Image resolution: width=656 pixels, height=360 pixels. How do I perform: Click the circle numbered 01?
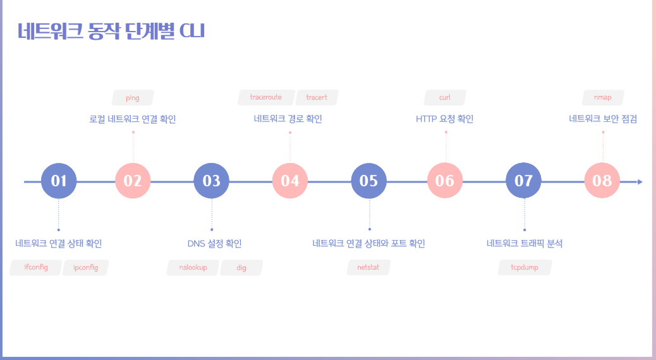[59, 181]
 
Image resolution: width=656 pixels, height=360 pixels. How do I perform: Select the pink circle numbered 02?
[133, 181]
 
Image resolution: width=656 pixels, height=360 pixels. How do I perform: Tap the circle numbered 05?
[368, 181]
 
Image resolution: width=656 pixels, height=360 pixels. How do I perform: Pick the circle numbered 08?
[602, 181]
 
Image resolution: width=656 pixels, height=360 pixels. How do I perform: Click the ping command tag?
[133, 98]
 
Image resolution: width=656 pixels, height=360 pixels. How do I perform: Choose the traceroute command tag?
[265, 97]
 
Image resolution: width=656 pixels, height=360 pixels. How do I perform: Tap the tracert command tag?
[317, 97]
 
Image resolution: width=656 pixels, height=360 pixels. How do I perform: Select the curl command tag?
[445, 97]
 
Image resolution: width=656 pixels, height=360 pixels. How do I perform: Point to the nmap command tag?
[602, 97]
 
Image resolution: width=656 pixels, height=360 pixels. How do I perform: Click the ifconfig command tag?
[35, 267]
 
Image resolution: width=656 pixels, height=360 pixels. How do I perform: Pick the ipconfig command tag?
[85, 268]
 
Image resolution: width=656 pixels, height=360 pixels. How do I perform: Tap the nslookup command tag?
[193, 268]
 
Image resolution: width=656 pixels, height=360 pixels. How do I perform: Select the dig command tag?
[241, 268]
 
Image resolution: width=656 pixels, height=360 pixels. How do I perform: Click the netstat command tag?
[368, 268]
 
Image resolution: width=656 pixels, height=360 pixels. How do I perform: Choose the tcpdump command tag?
[525, 268]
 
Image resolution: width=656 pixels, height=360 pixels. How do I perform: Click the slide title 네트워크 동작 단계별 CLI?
[111, 31]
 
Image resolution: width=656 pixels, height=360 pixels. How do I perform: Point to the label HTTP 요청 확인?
[445, 119]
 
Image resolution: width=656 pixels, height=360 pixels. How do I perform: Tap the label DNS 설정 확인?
[214, 244]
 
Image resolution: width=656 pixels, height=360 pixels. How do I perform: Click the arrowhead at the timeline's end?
[640, 182]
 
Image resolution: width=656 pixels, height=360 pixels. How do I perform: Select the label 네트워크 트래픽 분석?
[525, 244]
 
